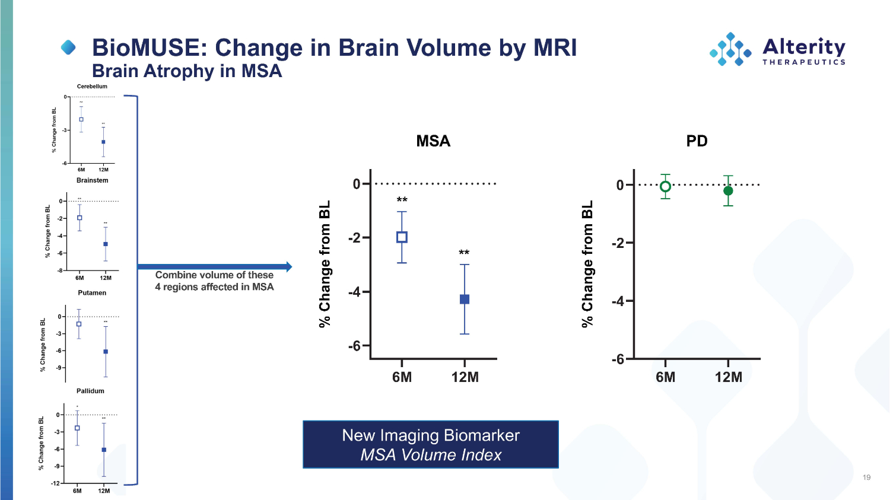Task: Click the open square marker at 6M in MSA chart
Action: tap(402, 237)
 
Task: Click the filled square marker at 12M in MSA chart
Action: tap(465, 299)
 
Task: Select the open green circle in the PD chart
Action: tap(666, 186)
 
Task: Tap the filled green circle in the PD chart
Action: tap(728, 190)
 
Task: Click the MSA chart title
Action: tap(433, 141)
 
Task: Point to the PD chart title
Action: tap(697, 141)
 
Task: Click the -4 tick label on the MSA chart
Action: tap(354, 292)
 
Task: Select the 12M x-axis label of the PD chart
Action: tap(728, 377)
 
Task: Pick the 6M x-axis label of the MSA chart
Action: tap(402, 377)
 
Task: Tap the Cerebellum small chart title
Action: tap(92, 87)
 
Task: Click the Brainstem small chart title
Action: tap(92, 180)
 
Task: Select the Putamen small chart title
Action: tap(92, 293)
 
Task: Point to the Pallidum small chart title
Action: tap(90, 391)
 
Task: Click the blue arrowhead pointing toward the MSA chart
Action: tap(289, 267)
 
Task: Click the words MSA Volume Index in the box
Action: tap(431, 455)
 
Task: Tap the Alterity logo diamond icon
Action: tap(730, 49)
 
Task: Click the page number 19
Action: tap(866, 477)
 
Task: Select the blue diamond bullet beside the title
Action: tap(69, 47)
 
